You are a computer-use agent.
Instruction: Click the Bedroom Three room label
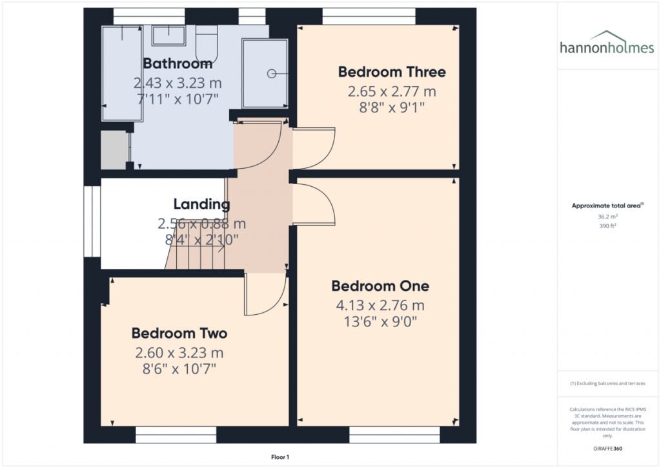[x=392, y=72]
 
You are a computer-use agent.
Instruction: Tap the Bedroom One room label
[x=380, y=286]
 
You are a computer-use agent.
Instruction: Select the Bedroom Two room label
[x=179, y=333]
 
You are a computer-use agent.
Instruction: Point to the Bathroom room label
[x=178, y=63]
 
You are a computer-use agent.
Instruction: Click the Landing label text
[x=201, y=204]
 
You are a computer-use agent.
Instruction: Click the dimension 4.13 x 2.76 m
[x=380, y=305]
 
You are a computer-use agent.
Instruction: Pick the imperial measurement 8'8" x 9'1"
[x=392, y=107]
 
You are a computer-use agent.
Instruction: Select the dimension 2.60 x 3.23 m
[x=179, y=352]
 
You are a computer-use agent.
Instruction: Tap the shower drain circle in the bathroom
[x=272, y=74]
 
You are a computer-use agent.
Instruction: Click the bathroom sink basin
[x=168, y=35]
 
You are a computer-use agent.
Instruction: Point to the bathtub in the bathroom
[x=122, y=74]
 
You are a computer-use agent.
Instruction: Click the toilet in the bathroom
[x=207, y=44]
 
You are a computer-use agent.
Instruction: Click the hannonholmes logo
[x=607, y=43]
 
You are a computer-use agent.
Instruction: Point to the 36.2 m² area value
[x=607, y=217]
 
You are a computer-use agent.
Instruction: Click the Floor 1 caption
[x=280, y=457]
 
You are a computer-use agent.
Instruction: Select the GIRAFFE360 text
[x=607, y=449]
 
